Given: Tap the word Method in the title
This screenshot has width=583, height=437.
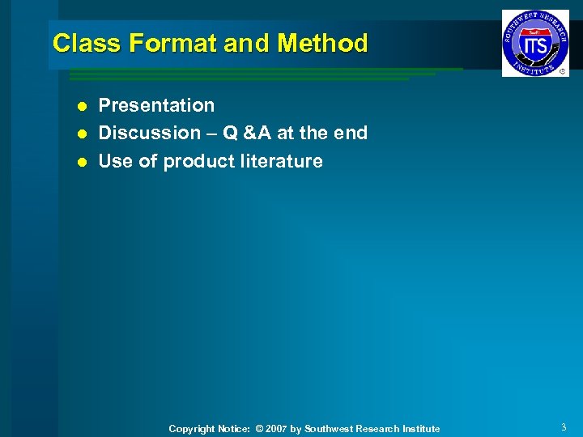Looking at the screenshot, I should click(322, 43).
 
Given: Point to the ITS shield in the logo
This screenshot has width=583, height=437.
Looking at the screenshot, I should click(535, 44).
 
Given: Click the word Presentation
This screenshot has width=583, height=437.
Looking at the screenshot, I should click(156, 105).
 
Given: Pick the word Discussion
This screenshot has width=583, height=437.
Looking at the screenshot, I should click(149, 133).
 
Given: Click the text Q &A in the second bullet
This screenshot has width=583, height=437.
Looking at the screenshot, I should click(243, 133).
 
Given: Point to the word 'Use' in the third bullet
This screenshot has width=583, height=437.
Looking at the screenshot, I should click(115, 161).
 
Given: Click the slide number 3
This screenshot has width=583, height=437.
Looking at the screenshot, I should click(563, 427).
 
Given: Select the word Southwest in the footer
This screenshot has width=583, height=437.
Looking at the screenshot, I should click(328, 429).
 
